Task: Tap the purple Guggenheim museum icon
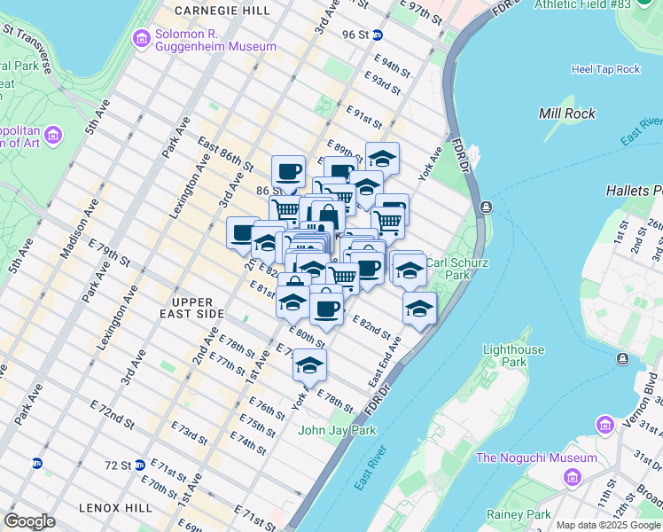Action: coord(141,39)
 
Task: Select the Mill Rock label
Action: coord(566,113)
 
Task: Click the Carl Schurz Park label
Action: coord(448,269)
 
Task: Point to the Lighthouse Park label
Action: coord(513,356)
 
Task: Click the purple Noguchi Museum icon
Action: coord(573,478)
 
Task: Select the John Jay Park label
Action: coord(337,431)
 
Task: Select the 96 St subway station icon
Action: coord(378,35)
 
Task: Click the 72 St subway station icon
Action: coord(37,463)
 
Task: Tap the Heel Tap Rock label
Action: coord(605,69)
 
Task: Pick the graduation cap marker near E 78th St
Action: coord(309,364)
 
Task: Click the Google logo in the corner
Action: coord(29,521)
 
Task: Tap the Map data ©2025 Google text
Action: coord(607,526)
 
